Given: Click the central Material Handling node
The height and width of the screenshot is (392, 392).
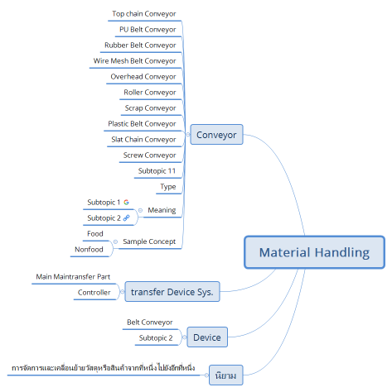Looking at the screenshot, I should (314, 252).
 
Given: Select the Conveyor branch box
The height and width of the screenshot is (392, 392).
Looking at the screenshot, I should (215, 135).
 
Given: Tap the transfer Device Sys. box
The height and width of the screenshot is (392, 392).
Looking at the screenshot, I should (172, 291).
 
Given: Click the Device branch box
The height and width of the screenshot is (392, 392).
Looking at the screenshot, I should (206, 337).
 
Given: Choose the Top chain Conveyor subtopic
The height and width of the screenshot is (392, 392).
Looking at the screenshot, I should (143, 13).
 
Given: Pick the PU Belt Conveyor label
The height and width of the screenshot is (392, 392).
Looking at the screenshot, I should (148, 29).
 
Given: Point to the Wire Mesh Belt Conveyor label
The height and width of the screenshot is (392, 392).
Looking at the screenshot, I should (135, 60).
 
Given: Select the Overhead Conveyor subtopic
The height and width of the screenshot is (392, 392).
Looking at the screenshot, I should (143, 76).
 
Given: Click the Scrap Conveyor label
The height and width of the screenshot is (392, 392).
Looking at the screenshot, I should (150, 108).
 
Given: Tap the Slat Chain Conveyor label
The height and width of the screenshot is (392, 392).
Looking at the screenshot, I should (143, 139).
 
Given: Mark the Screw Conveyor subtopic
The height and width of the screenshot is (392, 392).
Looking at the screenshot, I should (150, 155).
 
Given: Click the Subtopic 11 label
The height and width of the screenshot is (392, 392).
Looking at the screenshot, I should (157, 170).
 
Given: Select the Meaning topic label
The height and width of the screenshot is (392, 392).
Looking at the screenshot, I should (162, 210).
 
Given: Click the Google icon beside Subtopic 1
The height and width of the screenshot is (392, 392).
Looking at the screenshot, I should (127, 202).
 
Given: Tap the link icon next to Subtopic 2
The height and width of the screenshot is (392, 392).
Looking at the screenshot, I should (127, 218).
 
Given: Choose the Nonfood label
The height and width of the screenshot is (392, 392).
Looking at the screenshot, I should (90, 249).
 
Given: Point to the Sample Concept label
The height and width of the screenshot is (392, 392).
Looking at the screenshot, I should (149, 241).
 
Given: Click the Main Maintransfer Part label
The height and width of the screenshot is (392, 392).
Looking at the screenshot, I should (74, 275).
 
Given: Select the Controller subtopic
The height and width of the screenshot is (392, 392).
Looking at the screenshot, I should (94, 292).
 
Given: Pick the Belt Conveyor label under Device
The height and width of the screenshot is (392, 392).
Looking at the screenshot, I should (149, 322).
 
